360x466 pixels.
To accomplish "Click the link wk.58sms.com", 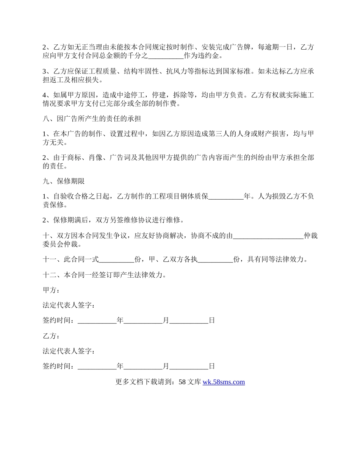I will click(224, 382).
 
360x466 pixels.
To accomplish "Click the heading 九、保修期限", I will click(63, 181).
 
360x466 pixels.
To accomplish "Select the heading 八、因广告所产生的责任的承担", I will click(92, 119).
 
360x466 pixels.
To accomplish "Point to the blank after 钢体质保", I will click(226, 197).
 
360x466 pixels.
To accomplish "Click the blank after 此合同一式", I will click(116, 260).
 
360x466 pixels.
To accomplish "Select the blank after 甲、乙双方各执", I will click(216, 260).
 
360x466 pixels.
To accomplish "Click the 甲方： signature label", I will click(51, 290).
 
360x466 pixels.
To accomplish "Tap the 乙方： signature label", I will click(51, 336).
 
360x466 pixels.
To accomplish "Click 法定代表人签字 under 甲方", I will click(69, 305).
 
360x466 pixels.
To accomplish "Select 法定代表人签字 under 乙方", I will click(69, 351).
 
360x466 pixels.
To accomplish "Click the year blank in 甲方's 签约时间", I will click(97, 321).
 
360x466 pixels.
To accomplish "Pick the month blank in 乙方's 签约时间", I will click(143, 366).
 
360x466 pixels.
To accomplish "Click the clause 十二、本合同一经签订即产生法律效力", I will click(104, 275).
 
